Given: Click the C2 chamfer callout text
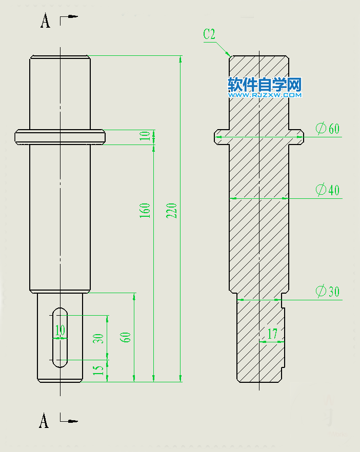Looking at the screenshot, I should click(x=209, y=34).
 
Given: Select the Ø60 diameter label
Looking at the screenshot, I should click(x=328, y=129).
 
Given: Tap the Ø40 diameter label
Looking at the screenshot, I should click(x=328, y=190).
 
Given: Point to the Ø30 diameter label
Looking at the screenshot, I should click(x=328, y=292).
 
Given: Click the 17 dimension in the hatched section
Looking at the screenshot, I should click(x=272, y=334).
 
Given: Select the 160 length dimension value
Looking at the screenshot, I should click(x=145, y=211).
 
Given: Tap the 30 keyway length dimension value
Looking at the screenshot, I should click(x=99, y=338).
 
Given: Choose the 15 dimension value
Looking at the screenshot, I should click(x=99, y=370).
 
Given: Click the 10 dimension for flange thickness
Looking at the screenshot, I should click(x=146, y=136).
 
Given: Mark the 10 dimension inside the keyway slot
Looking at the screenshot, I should click(x=60, y=331).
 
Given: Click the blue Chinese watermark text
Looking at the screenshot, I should click(x=265, y=84).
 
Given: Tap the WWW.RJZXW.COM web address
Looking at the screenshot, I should click(x=265, y=95).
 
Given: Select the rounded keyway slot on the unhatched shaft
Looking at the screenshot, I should click(x=61, y=337).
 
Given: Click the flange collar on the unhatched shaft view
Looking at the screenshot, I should click(x=60, y=137).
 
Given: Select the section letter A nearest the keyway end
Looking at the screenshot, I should click(x=45, y=421).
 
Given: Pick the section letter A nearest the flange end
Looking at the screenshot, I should click(x=45, y=21).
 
